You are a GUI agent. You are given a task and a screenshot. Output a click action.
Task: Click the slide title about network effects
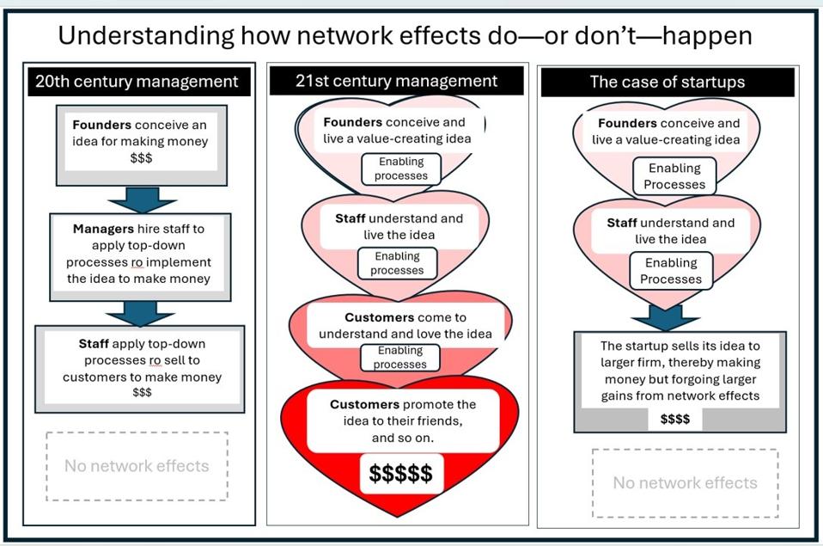click(x=405, y=35)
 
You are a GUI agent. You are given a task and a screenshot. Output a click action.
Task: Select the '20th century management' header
click(x=137, y=83)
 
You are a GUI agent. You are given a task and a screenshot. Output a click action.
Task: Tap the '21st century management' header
click(x=397, y=82)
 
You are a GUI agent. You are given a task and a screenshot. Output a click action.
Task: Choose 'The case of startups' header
click(x=668, y=83)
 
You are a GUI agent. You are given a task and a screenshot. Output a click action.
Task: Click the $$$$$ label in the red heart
click(x=400, y=473)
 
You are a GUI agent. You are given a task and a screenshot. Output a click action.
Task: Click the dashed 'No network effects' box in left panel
click(x=137, y=466)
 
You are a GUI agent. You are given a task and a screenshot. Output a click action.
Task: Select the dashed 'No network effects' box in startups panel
click(x=685, y=483)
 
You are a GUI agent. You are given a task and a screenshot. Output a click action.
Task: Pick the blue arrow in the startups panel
click(x=666, y=316)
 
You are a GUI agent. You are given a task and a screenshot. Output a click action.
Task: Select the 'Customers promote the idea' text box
click(x=402, y=420)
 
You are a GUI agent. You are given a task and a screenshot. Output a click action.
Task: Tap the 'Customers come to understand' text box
click(x=405, y=325)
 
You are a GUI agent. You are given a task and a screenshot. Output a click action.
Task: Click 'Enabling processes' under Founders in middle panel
click(x=400, y=169)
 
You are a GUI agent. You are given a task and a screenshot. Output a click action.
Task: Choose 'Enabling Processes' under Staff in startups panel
click(x=671, y=271)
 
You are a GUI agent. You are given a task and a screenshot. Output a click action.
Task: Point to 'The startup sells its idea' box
click(x=680, y=371)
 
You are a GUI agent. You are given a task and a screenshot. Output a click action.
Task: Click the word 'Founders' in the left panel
click(x=102, y=126)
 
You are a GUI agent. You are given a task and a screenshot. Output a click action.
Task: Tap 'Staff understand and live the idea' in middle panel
click(x=399, y=226)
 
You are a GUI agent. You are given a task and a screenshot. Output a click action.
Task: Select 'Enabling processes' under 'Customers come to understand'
click(x=399, y=358)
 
